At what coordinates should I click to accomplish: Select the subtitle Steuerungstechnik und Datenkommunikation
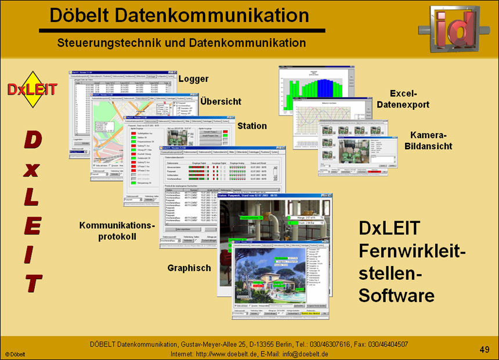[x=182, y=43]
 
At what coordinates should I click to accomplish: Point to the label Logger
[x=193, y=79]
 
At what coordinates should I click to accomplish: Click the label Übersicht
[x=220, y=102]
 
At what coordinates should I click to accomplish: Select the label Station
[x=252, y=125]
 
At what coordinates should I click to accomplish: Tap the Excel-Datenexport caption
[x=403, y=99]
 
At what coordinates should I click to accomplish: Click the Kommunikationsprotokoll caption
[x=117, y=231]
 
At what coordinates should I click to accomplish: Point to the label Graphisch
[x=189, y=268]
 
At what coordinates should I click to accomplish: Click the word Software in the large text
[x=396, y=296]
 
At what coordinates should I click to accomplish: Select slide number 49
[x=484, y=349]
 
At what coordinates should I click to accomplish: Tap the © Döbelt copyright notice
[x=16, y=354]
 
